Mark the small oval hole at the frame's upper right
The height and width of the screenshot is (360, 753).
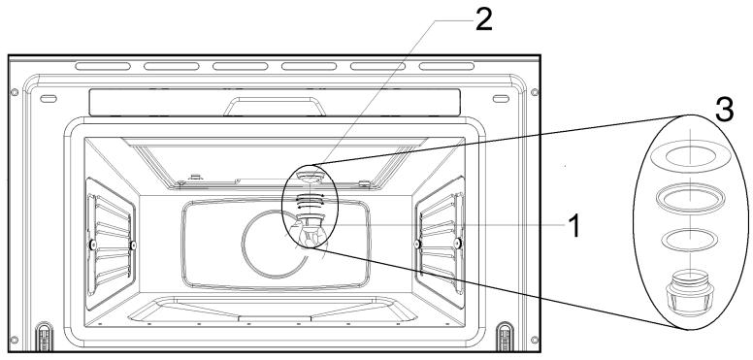click(500, 99)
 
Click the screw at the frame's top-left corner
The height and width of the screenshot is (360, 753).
click(15, 91)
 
